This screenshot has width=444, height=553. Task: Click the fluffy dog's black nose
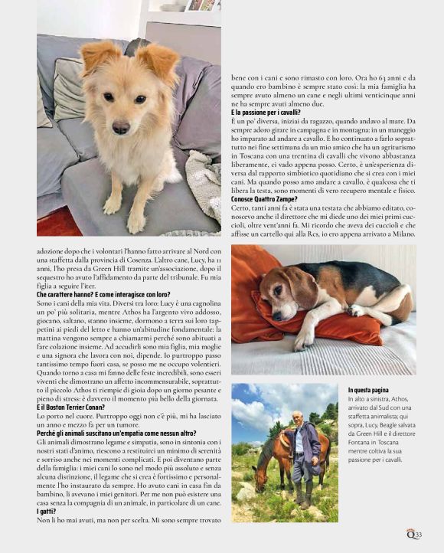point(121,124)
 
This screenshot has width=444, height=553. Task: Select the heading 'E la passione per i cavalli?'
point(266,113)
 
